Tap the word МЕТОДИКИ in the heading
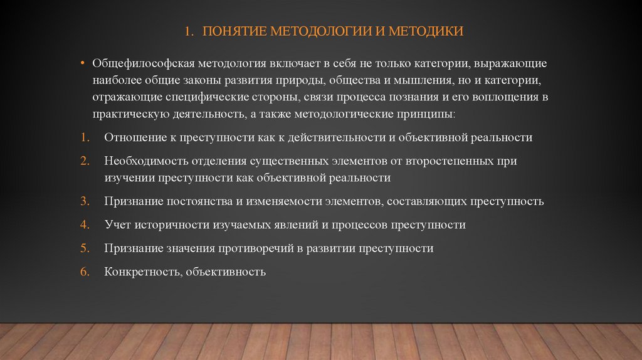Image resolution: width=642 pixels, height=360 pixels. click(x=431, y=31)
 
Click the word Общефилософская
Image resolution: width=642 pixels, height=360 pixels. click(x=144, y=65)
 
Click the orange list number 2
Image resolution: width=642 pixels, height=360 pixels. click(x=84, y=161)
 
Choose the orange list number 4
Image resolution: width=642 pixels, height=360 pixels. click(x=84, y=224)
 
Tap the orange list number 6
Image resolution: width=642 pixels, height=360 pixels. click(x=84, y=272)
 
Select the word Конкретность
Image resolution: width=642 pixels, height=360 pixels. click(x=139, y=272)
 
